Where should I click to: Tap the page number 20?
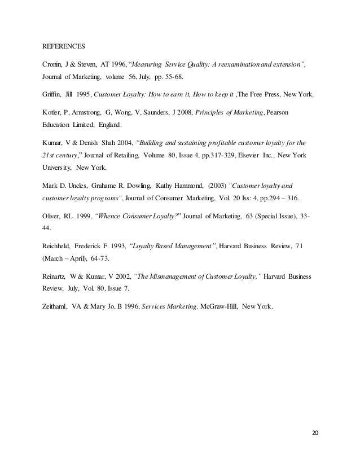[x=315, y=433]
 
